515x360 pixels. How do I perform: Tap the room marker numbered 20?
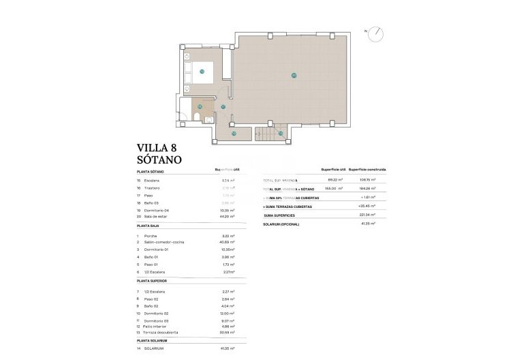point(294,75)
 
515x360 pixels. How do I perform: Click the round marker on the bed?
point(202,71)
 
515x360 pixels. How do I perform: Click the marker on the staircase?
point(279,133)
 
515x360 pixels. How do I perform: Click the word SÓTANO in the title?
point(159,159)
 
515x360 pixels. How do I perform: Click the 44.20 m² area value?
point(228,215)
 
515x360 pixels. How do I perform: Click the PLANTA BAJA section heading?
point(152,225)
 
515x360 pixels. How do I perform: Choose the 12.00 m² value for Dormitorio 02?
point(228,314)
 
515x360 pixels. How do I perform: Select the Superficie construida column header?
point(368,169)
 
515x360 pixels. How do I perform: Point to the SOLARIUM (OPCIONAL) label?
point(281,224)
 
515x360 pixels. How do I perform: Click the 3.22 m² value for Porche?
point(228,235)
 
